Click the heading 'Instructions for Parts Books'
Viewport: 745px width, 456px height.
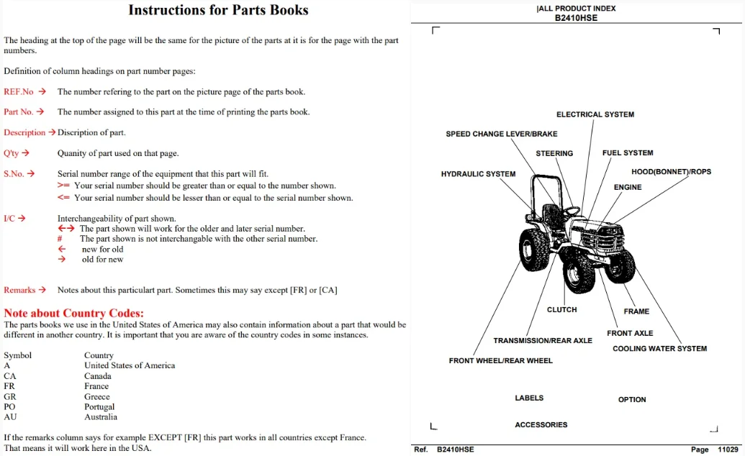pos(218,10)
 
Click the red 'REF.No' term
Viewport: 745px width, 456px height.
pos(19,91)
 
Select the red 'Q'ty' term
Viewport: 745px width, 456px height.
pos(12,153)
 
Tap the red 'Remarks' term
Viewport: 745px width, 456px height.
pos(19,290)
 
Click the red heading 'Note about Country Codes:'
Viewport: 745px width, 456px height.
pos(73,313)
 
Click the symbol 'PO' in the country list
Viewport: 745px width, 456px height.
pos(9,406)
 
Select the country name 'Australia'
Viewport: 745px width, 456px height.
pos(101,417)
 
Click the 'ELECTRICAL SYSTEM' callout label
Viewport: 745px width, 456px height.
pos(595,114)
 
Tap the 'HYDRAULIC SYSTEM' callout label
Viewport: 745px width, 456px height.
pos(478,174)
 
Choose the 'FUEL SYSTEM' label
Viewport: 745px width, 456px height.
pos(628,153)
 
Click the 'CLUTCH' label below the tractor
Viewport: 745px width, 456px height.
pos(561,310)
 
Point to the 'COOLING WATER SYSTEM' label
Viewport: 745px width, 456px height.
pos(659,349)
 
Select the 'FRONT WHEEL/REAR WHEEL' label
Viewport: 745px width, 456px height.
pos(501,361)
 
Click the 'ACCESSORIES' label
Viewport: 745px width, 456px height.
pos(541,424)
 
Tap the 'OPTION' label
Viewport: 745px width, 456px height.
pos(632,399)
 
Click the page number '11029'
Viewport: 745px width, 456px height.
pos(728,450)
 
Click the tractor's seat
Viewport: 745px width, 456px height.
pos(551,216)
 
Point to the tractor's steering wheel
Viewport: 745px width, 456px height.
pos(571,211)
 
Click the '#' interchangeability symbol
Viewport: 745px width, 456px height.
pos(60,239)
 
